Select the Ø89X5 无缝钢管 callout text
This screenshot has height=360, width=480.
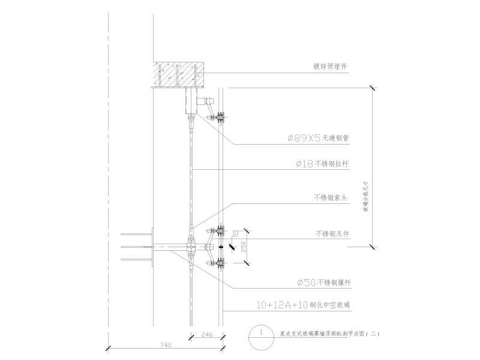click(x=318, y=138)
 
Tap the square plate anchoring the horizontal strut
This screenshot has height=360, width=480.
click(x=153, y=246)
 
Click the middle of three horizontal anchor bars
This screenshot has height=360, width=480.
click(x=135, y=247)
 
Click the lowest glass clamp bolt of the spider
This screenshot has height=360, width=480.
click(x=219, y=262)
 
